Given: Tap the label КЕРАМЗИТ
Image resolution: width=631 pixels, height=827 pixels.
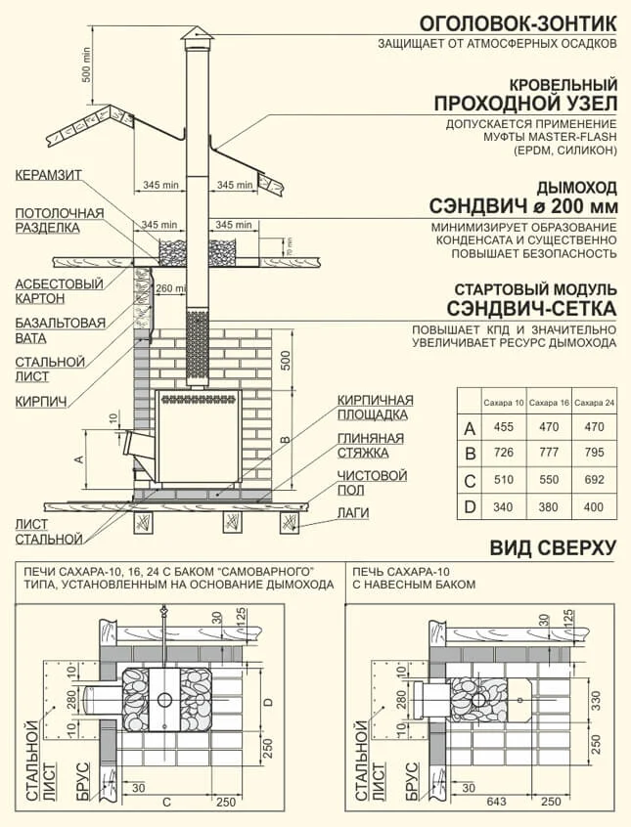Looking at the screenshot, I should click(x=49, y=175).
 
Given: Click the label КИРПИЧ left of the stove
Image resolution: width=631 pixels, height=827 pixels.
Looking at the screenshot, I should click(x=40, y=401).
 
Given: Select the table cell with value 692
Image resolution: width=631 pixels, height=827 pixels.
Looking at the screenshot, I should click(x=593, y=481).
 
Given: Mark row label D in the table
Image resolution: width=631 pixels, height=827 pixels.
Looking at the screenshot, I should click(x=470, y=507).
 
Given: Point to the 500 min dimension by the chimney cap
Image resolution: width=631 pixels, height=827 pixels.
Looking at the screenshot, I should click(x=86, y=64).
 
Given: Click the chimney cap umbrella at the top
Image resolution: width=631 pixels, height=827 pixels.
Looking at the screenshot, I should click(x=197, y=36).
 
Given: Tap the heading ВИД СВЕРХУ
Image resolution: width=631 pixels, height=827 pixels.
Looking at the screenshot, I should click(x=553, y=547).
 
